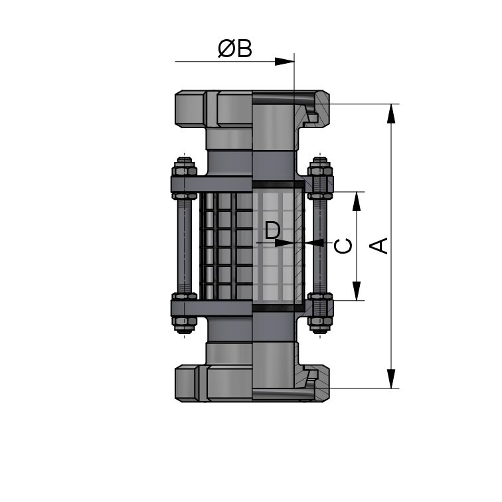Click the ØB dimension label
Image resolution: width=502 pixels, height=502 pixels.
[235, 49]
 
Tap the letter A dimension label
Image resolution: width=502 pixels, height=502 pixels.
[379, 245]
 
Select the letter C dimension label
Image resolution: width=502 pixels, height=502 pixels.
[343, 246]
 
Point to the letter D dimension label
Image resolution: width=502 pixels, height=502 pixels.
[272, 231]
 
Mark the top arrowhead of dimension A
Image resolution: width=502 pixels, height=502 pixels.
[392, 113]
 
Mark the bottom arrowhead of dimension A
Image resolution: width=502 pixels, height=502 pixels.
[392, 379]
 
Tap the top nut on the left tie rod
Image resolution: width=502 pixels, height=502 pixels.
[184, 165]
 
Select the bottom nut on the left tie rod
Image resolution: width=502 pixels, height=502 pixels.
[184, 324]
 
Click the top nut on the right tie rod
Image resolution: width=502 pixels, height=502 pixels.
[321, 165]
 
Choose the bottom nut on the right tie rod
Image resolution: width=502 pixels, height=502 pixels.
[321, 324]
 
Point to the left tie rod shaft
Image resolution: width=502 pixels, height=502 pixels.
[184, 246]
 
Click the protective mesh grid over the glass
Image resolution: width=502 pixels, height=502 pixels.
[226, 246]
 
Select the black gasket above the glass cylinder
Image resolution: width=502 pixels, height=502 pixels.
[278, 183]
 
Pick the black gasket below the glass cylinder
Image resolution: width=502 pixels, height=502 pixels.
[278, 308]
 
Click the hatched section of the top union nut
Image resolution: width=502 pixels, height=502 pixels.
[320, 106]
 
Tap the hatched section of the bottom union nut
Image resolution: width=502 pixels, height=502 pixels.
[320, 386]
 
